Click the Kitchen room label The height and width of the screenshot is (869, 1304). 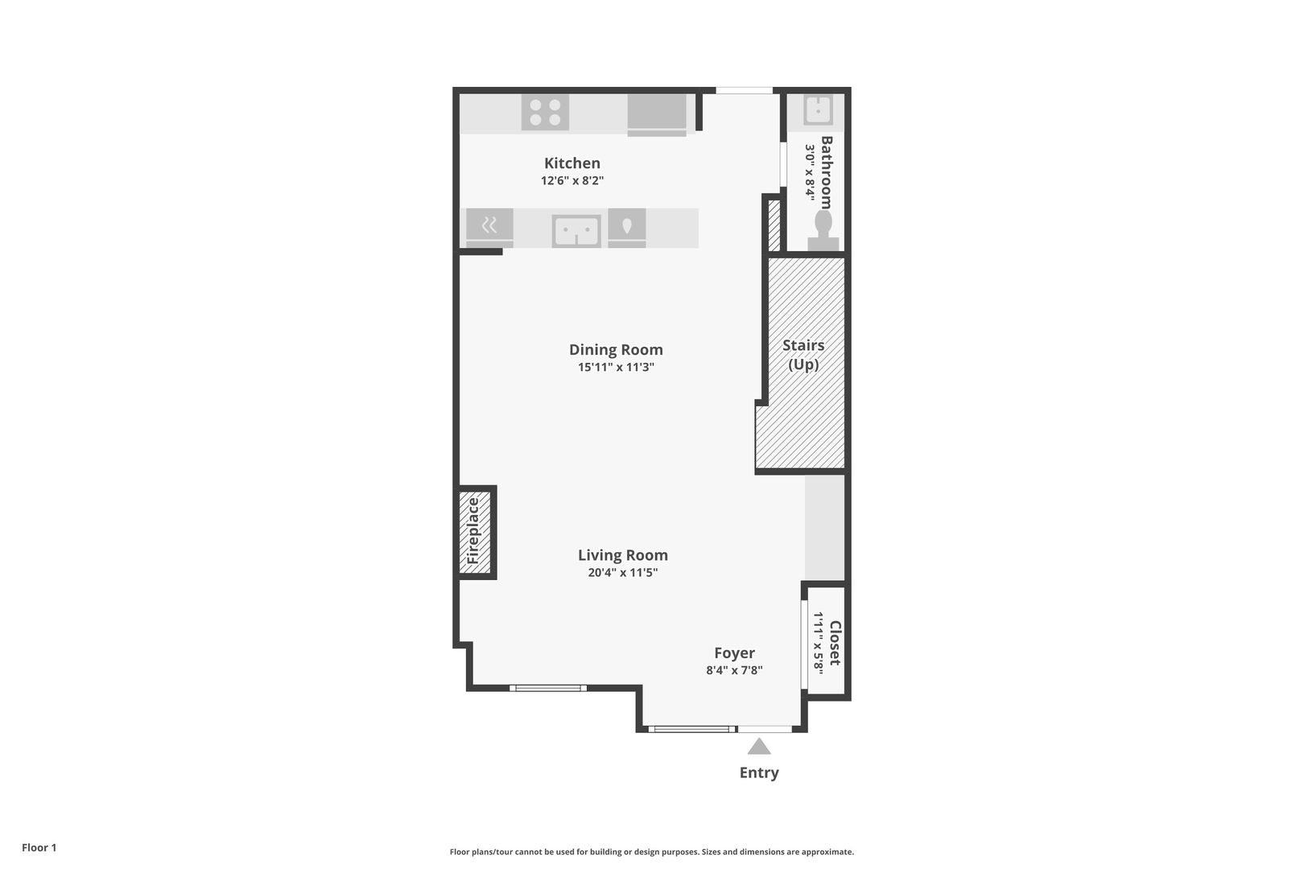572,163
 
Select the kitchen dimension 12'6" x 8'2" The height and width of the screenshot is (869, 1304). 572,181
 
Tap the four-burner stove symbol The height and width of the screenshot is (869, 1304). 545,113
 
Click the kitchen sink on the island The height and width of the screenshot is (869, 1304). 576,232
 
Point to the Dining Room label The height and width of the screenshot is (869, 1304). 616,350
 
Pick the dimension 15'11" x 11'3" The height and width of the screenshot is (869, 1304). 616,368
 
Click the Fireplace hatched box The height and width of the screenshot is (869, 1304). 474,532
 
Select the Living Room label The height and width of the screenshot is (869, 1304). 622,555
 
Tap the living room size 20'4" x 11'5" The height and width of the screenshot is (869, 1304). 622,573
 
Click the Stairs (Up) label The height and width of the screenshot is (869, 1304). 803,355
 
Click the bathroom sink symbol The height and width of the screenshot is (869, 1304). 818,110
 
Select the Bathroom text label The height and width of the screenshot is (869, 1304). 827,172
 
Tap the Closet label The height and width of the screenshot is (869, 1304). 836,642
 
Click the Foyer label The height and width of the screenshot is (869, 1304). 734,653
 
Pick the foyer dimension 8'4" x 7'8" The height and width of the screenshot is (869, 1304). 734,670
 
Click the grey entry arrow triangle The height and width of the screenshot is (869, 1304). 758,748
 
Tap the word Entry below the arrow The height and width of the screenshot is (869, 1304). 758,773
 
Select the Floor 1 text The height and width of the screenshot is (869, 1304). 39,848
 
